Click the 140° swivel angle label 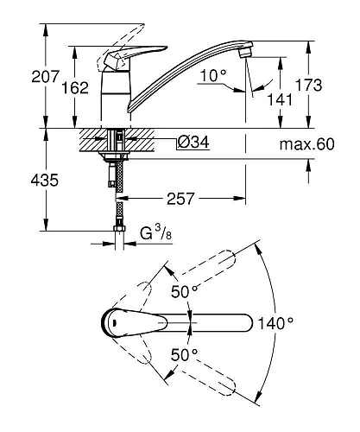coord(276,323)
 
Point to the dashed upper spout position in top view coord(206,269)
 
